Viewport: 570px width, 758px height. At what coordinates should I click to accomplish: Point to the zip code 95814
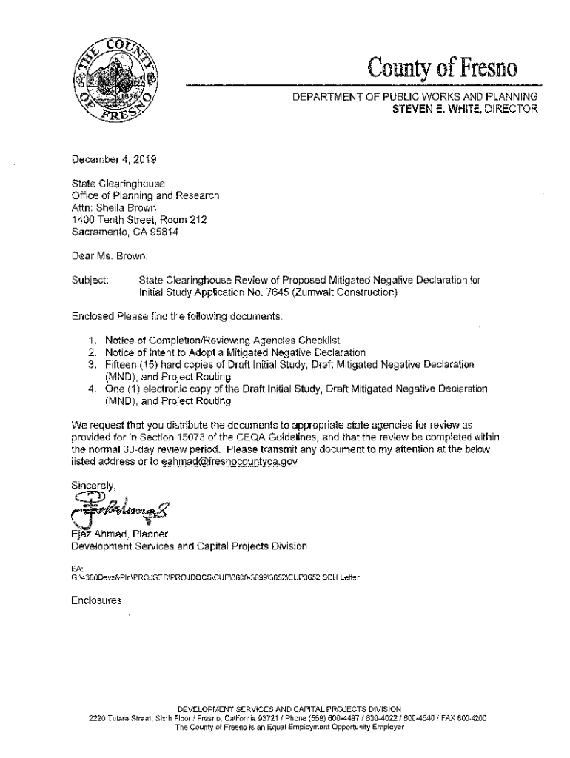click(161, 232)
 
